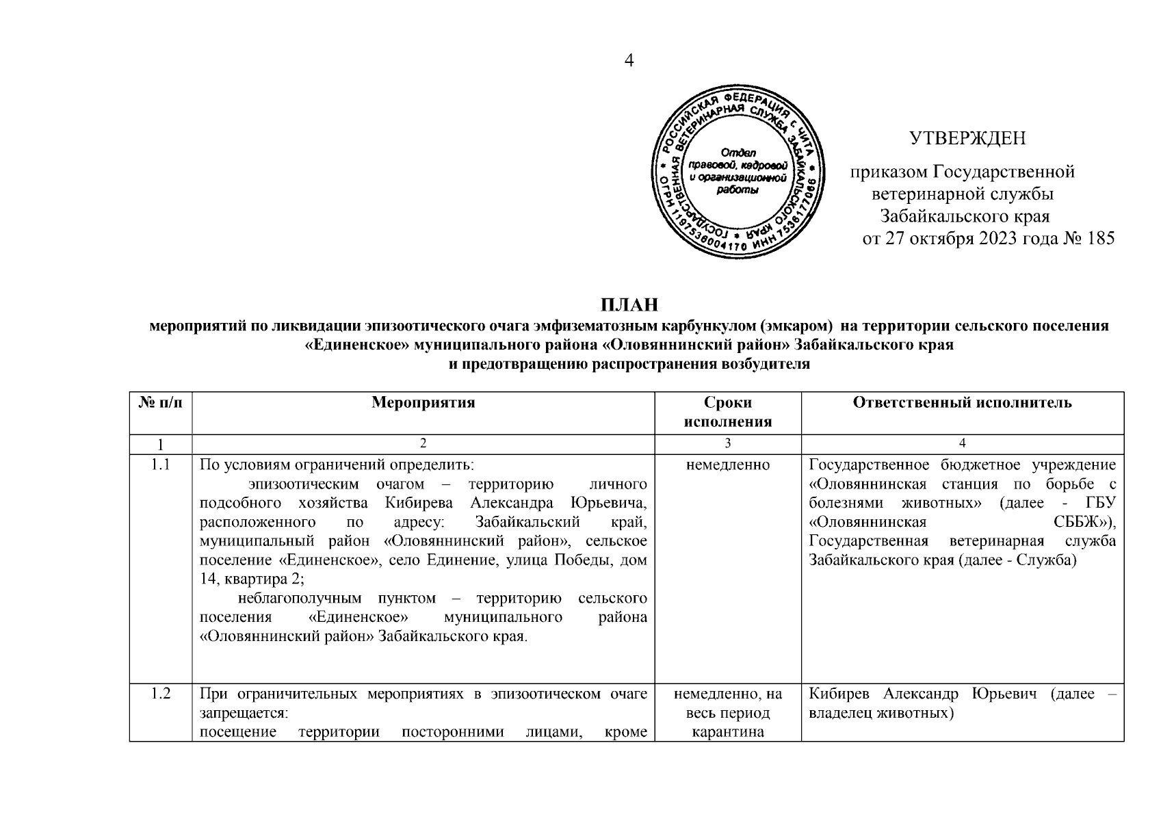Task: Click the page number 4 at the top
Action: point(629,61)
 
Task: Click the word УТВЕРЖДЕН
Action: point(967,139)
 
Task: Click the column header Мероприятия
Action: point(423,403)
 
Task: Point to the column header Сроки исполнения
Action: point(727,412)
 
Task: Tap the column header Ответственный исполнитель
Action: point(962,403)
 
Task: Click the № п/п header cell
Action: point(161,403)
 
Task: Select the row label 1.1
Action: point(161,465)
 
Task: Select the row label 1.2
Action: point(161,694)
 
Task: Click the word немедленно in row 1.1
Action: point(727,465)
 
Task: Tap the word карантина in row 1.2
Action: point(727,733)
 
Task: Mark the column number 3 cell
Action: point(727,444)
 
